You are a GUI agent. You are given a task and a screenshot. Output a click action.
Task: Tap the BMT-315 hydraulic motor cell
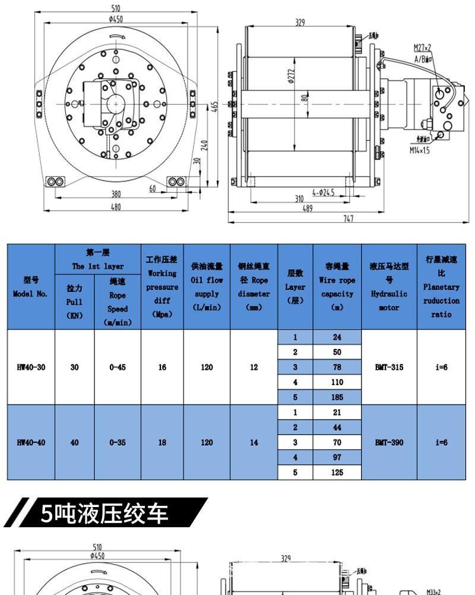(x=389, y=367)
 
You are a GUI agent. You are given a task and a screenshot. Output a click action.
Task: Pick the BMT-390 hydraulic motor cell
(x=389, y=442)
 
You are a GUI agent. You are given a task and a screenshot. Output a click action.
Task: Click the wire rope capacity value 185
(x=337, y=396)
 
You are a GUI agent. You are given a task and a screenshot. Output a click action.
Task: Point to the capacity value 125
(x=337, y=473)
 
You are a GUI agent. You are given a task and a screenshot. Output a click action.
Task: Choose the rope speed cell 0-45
(x=118, y=367)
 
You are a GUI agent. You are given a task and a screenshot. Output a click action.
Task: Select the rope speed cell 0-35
(x=118, y=442)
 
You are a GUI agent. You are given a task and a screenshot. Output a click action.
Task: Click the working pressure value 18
(x=162, y=442)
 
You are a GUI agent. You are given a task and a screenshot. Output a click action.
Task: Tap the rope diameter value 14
(x=254, y=442)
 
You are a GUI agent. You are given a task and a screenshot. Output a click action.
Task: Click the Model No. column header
(x=31, y=287)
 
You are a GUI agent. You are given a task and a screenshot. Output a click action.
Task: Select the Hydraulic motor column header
(x=389, y=287)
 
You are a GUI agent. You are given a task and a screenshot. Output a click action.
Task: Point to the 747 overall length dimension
(x=349, y=218)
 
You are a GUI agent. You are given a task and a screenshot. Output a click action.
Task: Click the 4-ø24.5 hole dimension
(x=324, y=192)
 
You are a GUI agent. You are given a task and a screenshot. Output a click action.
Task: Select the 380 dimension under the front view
(x=116, y=193)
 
